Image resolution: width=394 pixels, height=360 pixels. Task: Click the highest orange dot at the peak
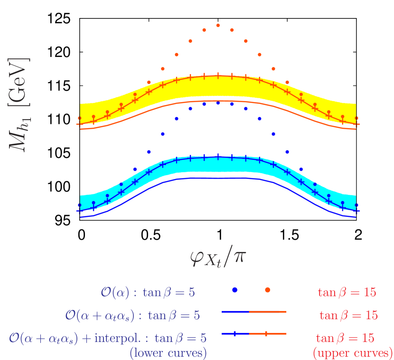click(x=218, y=25)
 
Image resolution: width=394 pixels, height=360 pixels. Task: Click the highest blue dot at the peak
click(x=218, y=102)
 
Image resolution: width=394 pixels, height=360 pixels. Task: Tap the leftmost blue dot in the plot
click(x=79, y=204)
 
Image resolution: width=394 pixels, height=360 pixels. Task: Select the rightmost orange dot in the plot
click(x=356, y=118)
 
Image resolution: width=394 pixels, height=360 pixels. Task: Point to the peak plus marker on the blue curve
click(x=218, y=157)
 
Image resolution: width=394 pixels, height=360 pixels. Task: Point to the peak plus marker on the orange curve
click(x=218, y=75)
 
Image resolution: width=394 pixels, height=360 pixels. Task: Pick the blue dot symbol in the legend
click(x=235, y=290)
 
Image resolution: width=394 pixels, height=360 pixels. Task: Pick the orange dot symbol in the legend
click(x=267, y=290)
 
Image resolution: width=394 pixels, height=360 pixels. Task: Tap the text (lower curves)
click(x=168, y=352)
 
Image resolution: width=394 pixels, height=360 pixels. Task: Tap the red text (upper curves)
click(x=353, y=352)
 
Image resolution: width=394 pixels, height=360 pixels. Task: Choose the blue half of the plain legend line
click(x=236, y=312)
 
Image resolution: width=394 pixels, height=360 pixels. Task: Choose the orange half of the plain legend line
click(x=268, y=312)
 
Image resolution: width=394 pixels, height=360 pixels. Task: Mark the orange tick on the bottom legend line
click(x=266, y=334)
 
